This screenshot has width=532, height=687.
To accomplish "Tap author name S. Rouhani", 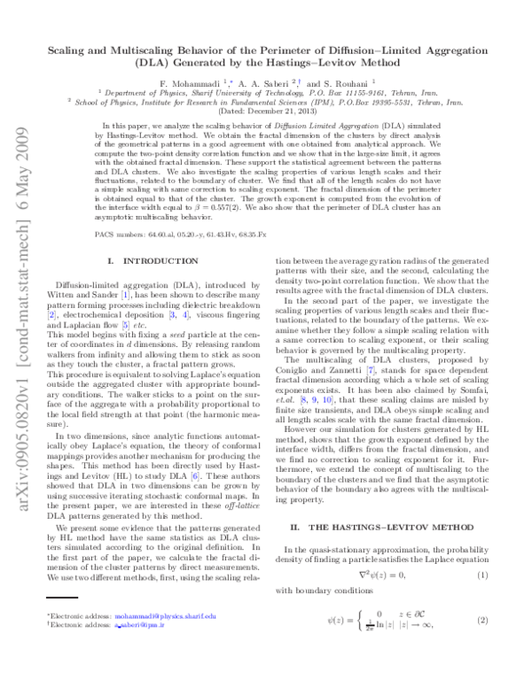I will [348, 82].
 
